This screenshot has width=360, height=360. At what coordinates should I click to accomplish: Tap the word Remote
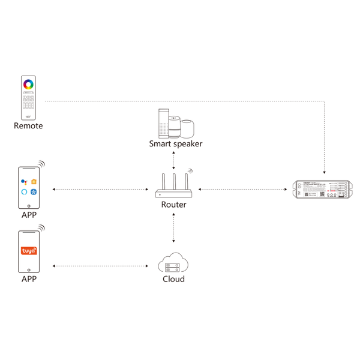tap(29, 126)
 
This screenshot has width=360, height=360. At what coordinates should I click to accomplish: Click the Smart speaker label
tap(176, 144)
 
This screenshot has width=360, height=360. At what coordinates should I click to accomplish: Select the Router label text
tap(174, 205)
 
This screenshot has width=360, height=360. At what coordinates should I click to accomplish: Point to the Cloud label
tap(173, 279)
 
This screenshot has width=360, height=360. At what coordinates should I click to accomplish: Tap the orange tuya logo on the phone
tap(29, 250)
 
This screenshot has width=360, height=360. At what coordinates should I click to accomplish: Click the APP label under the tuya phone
tap(29, 279)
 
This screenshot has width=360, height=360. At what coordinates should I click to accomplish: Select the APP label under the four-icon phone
tap(29, 215)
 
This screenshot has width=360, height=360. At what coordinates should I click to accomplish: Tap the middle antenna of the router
tap(174, 181)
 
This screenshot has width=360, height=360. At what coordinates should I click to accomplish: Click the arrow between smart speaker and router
tap(174, 161)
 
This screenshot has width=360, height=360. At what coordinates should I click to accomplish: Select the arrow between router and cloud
tap(174, 227)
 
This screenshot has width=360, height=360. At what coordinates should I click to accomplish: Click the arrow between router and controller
tap(243, 190)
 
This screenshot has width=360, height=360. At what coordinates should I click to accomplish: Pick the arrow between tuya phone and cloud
tap(100, 265)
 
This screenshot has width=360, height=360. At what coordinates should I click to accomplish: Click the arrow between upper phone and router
tap(100, 190)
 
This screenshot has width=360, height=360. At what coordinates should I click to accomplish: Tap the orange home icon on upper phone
tap(34, 181)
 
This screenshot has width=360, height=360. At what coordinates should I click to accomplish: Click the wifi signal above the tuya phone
tap(42, 228)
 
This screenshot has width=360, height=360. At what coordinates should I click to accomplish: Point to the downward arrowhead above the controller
tap(324, 170)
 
